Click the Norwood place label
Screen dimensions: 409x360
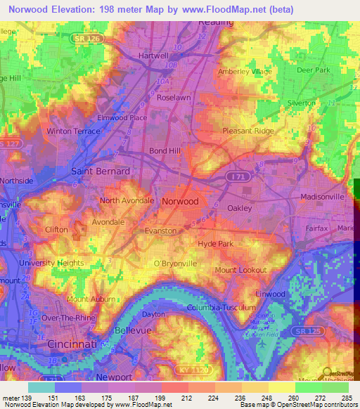[x=180, y=201]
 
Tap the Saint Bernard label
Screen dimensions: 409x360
[x=101, y=171]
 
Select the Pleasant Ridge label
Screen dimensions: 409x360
[x=247, y=131]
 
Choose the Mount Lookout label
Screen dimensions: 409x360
[x=240, y=270]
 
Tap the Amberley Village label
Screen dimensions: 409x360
[x=245, y=71]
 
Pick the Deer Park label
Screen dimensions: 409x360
[x=313, y=70]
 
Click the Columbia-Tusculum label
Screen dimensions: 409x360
[x=219, y=308]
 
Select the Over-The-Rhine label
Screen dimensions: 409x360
[x=70, y=317]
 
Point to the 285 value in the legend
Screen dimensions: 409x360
[x=346, y=398]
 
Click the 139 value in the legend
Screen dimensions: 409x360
[x=27, y=398]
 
